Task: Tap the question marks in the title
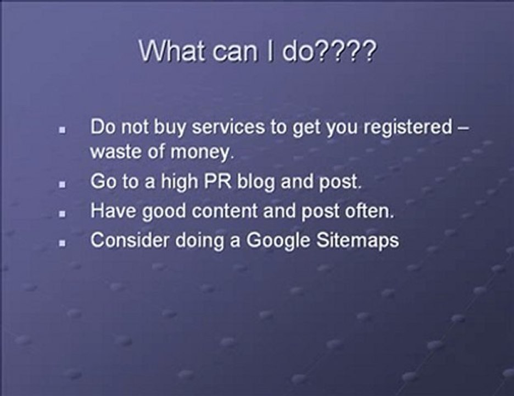(x=351, y=52)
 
